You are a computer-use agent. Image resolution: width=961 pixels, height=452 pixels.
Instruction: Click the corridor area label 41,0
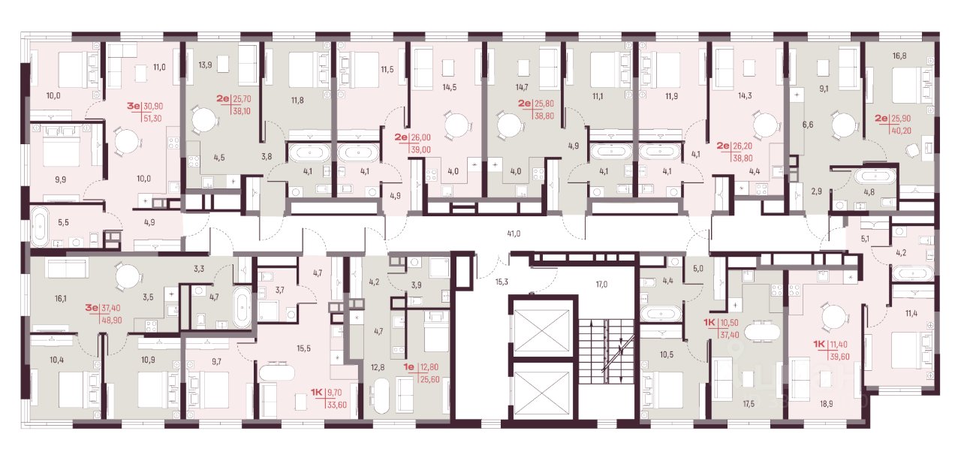click(x=514, y=234)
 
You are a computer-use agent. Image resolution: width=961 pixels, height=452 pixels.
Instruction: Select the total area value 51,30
click(x=152, y=119)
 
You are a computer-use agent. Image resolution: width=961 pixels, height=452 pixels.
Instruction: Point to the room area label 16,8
click(x=899, y=56)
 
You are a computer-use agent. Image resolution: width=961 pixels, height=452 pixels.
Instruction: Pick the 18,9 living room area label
click(x=826, y=403)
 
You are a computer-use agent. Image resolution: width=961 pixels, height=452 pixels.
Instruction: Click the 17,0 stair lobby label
click(x=601, y=284)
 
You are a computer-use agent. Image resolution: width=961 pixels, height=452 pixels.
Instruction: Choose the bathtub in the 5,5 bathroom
click(x=40, y=227)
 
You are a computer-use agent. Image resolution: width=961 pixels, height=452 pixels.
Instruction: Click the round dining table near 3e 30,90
click(x=127, y=141)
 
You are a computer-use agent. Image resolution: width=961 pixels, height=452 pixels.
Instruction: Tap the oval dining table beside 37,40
click(x=762, y=332)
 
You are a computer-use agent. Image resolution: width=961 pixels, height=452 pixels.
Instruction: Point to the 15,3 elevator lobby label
click(x=502, y=282)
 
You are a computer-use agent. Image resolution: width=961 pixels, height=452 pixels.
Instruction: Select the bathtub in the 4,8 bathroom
click(x=875, y=176)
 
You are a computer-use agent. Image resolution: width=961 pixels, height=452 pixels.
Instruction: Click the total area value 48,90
click(x=110, y=320)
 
